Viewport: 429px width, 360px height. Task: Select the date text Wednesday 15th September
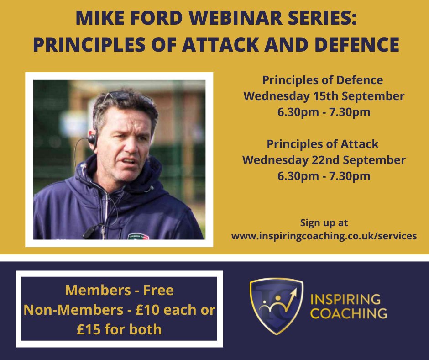pyautogui.click(x=324, y=96)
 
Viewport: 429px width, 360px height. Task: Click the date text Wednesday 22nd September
pyautogui.click(x=324, y=160)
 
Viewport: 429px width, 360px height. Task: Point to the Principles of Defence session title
pyautogui.click(x=323, y=80)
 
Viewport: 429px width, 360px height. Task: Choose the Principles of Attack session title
pyautogui.click(x=323, y=144)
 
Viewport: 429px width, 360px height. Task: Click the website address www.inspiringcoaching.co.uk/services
pyautogui.click(x=324, y=236)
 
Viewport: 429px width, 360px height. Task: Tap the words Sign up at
pyautogui.click(x=324, y=223)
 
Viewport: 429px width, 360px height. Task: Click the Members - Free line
pyautogui.click(x=120, y=290)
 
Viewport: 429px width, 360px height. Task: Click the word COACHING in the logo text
pyautogui.click(x=348, y=314)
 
